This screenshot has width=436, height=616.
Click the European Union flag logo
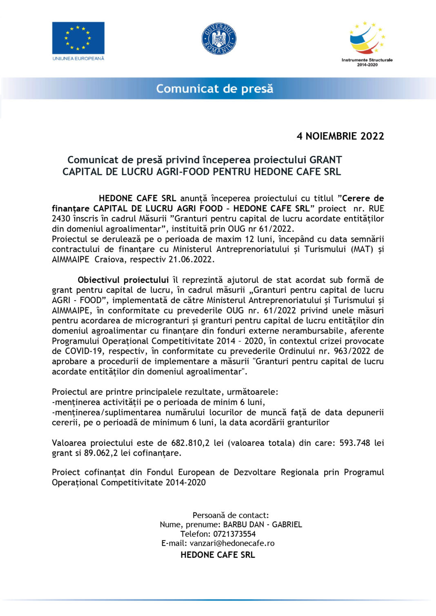point(78,38)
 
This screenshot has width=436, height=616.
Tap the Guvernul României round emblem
point(219,39)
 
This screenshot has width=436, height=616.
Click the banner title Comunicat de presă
point(215,89)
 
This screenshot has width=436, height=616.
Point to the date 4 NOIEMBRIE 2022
point(340,136)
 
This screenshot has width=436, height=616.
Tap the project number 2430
point(61,219)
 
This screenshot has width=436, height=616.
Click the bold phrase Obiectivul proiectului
point(123,280)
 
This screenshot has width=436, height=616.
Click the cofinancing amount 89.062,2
point(101,453)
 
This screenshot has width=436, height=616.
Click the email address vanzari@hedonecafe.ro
point(232,543)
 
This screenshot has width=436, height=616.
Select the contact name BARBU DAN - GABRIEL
point(262,525)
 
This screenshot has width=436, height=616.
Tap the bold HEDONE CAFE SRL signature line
point(218,555)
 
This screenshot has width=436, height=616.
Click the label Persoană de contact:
point(231,515)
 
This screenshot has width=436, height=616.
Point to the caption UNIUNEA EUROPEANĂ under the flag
point(78,59)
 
